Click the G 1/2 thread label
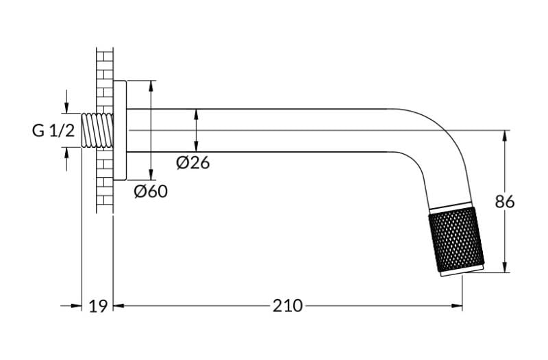53,131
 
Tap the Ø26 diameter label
193,163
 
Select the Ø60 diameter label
151,192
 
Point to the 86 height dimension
505,202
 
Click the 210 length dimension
288,306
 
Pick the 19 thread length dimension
97,306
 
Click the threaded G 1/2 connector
97,130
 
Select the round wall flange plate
120,130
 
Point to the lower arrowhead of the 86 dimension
505,267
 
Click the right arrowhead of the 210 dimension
457,306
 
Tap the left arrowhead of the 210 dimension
119,306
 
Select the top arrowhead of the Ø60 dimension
151,86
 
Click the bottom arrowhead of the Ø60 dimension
151,175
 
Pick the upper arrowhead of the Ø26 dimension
196,115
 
